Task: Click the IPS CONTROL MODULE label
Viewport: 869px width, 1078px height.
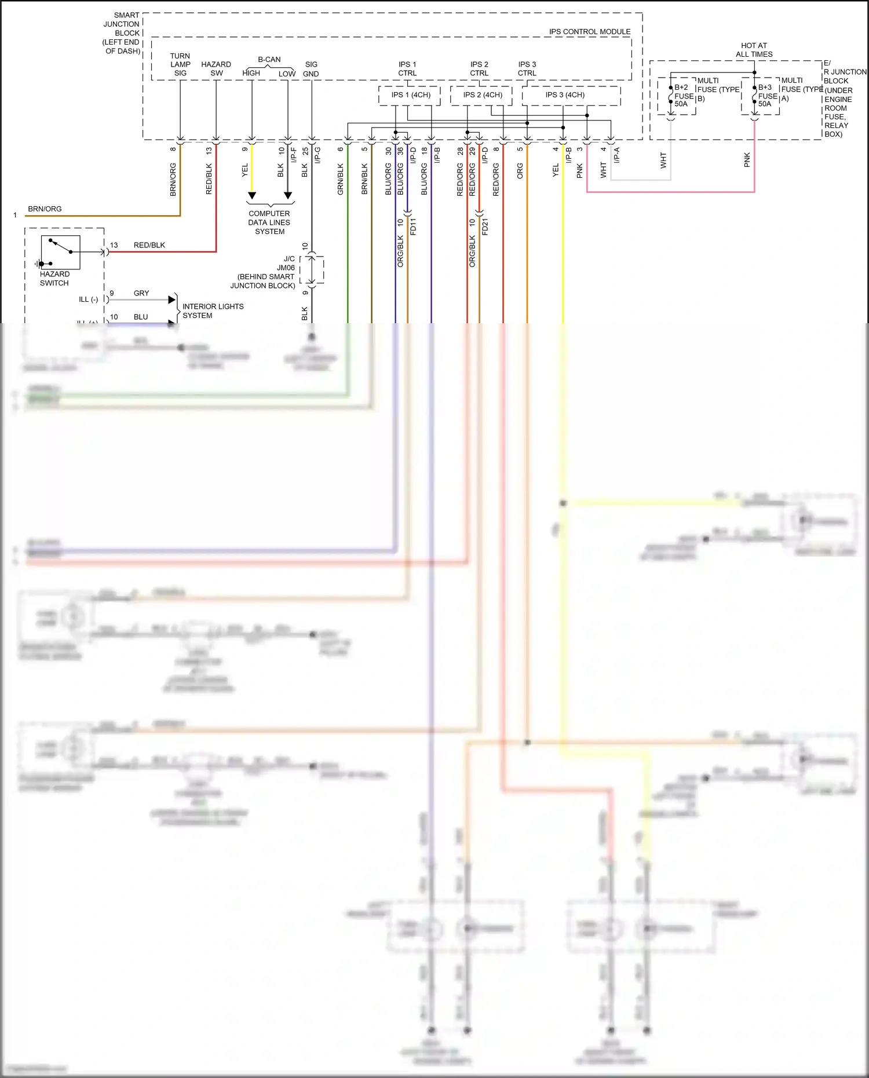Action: [589, 32]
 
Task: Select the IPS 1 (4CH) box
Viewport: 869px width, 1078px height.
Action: [410, 95]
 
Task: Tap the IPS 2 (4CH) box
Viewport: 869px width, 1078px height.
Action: [482, 95]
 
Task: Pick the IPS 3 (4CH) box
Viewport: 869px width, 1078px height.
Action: [565, 95]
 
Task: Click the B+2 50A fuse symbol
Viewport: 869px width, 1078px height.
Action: [671, 96]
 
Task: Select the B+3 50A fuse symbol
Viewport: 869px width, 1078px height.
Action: [754, 95]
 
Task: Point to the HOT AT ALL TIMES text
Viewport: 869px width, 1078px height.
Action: [754, 50]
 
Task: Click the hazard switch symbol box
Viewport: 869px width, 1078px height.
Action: [60, 252]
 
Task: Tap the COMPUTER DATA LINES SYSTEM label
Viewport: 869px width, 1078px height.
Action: [269, 222]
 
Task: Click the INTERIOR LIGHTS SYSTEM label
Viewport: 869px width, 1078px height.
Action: [213, 311]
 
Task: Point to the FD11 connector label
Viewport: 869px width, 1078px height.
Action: [413, 226]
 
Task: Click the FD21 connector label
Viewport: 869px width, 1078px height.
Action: [485, 226]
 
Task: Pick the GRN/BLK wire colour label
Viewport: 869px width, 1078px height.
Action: [341, 178]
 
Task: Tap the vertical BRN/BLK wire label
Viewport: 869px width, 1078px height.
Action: [364, 178]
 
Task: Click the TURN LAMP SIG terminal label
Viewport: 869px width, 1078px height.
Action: [180, 64]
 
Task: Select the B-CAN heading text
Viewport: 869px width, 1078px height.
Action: [269, 60]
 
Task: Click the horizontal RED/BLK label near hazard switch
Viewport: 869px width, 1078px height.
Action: [149, 245]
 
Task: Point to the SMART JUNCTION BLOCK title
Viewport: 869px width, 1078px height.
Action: [122, 33]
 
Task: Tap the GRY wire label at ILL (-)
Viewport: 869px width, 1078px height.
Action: [141, 293]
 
